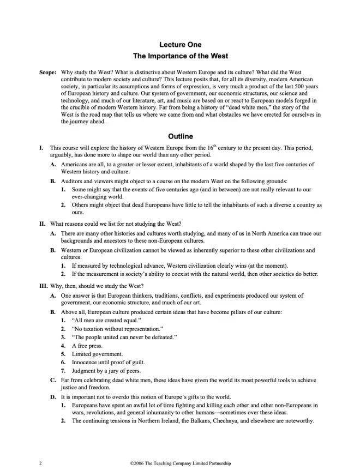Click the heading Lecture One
pyautogui.click(x=180, y=44)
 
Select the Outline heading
pyautogui.click(x=180, y=136)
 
